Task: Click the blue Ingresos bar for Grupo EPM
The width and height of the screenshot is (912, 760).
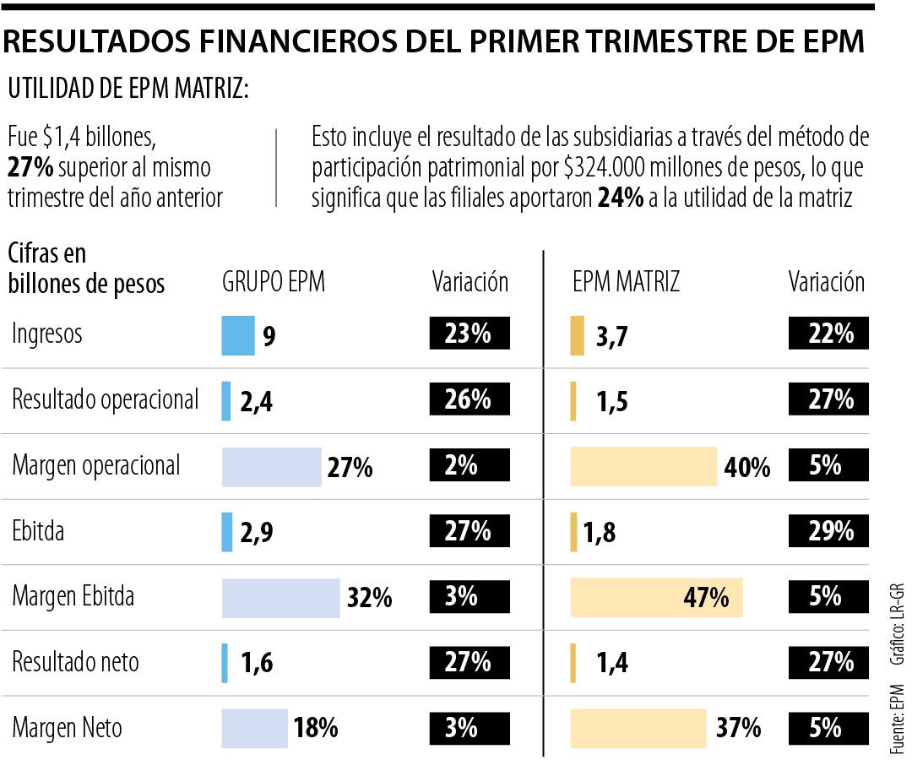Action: [237, 334]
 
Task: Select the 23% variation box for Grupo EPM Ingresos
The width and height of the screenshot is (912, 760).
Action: [470, 334]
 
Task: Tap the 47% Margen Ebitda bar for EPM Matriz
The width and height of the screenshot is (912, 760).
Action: [656, 598]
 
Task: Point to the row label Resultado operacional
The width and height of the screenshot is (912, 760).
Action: [106, 399]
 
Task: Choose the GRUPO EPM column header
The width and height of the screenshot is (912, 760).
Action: [273, 283]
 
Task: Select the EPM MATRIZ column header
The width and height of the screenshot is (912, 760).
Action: [626, 283]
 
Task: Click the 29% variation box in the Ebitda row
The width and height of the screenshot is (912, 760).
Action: [828, 532]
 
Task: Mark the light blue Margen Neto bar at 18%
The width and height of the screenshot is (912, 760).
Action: [254, 728]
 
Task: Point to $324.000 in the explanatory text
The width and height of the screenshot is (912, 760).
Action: [603, 168]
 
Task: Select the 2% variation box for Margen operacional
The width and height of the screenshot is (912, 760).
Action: [470, 466]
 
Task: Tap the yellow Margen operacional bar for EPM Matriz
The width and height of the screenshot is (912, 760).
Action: [643, 467]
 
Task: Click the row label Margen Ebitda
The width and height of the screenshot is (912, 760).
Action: [73, 597]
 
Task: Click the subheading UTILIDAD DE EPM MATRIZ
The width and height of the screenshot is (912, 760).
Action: [128, 89]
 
